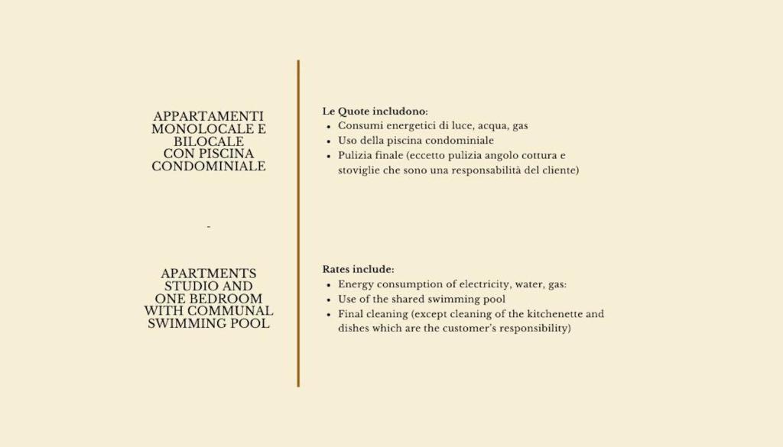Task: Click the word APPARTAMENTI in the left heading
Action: click(209, 116)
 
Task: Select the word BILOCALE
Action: click(209, 141)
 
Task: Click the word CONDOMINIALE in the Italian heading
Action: click(209, 167)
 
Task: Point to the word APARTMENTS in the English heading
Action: click(209, 274)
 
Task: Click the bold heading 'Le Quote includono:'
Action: click(375, 112)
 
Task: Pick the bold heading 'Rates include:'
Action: click(358, 270)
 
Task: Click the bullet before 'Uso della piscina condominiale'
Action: click(329, 141)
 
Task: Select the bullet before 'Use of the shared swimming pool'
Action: click(329, 300)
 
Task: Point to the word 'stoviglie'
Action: click(359, 170)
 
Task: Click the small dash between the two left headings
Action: click(208, 227)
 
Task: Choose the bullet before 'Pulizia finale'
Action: click(329, 156)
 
